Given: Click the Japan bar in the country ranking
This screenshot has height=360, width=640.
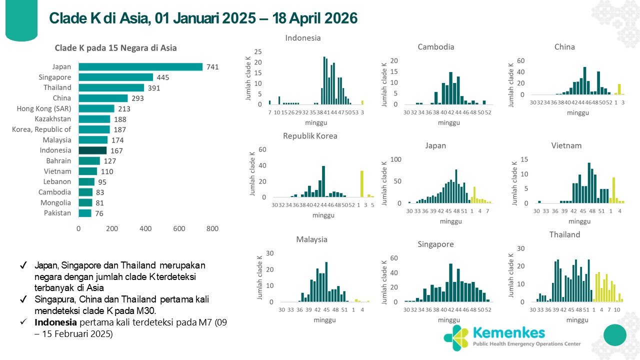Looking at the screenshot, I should (x=140, y=67).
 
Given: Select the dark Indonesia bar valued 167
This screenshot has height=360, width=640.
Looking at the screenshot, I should (x=92, y=150).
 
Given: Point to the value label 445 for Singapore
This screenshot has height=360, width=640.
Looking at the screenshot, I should (x=163, y=77).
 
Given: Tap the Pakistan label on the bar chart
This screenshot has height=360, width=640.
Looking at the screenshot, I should (x=57, y=213).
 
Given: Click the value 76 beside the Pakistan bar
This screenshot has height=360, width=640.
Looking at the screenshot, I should (x=99, y=213).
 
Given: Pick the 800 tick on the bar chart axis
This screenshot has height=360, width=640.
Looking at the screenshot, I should (x=212, y=229).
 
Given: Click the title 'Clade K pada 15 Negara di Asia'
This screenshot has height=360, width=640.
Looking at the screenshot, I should (x=115, y=48).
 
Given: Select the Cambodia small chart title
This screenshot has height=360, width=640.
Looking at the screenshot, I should (x=436, y=47).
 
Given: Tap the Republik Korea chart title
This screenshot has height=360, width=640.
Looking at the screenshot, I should (x=310, y=136).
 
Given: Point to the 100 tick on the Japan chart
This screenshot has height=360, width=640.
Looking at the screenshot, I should (x=395, y=159).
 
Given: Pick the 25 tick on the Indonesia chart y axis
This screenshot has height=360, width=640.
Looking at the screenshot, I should (x=258, y=51).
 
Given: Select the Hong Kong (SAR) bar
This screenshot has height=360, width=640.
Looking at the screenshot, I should (x=96, y=108).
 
